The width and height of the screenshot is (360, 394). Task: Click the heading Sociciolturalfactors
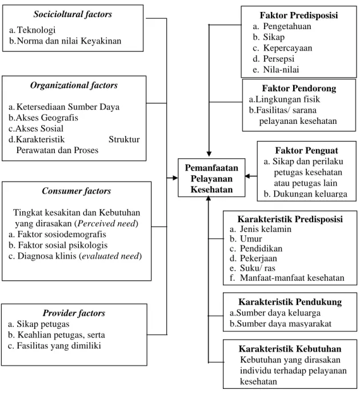(x=73, y=14)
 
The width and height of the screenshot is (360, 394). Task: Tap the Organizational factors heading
(x=74, y=86)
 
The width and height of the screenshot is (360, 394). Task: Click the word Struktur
(x=124, y=139)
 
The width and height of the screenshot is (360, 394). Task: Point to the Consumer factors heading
(x=76, y=191)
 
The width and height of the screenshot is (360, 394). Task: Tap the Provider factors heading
(x=74, y=313)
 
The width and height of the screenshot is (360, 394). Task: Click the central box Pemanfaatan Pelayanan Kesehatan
(x=211, y=178)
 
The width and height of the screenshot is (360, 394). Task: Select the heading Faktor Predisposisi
(x=299, y=15)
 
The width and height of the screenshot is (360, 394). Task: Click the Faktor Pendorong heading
(x=299, y=89)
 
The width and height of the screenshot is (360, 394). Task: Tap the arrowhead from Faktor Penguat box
(x=247, y=176)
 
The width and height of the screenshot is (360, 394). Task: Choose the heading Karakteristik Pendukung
(x=290, y=302)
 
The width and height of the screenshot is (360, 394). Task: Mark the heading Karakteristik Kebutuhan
(x=290, y=349)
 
